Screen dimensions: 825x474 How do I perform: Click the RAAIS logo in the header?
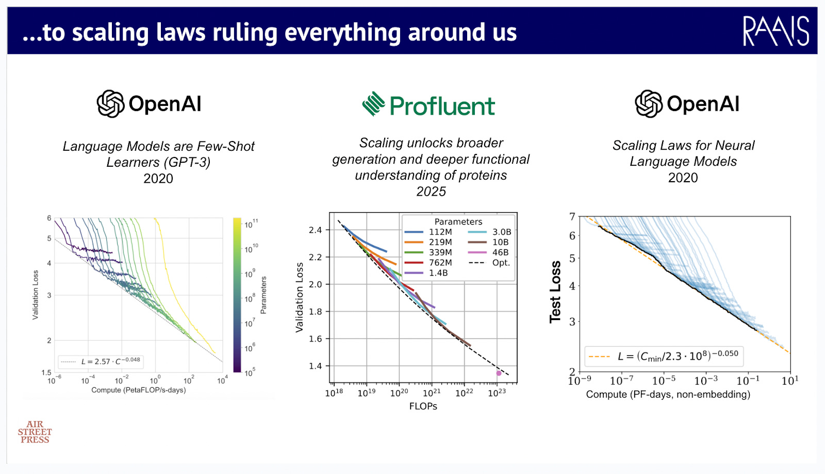tap(776, 31)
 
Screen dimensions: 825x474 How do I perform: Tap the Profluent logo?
tap(428, 104)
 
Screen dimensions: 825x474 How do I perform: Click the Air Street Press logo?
tap(35, 432)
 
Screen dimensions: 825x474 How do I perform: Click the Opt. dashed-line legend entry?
tap(489, 263)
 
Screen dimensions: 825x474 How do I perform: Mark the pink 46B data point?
tap(499, 373)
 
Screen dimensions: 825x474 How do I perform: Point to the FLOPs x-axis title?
tap(423, 406)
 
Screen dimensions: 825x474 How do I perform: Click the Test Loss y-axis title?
tap(555, 292)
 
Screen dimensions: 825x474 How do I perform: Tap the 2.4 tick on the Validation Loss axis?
tap(315, 230)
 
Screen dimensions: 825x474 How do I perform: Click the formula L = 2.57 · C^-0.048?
tap(110, 361)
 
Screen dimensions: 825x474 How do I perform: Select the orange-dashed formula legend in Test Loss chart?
tap(664, 356)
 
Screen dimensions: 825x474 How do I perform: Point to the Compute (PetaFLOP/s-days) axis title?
tap(139, 390)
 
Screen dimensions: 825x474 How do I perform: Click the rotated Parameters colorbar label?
tap(263, 295)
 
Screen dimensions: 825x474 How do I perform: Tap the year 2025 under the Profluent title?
tap(431, 192)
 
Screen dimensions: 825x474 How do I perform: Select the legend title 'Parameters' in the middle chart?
tap(458, 222)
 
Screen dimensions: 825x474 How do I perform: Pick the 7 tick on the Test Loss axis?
tap(572, 216)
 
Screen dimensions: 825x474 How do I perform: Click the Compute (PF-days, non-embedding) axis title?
tap(668, 394)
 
